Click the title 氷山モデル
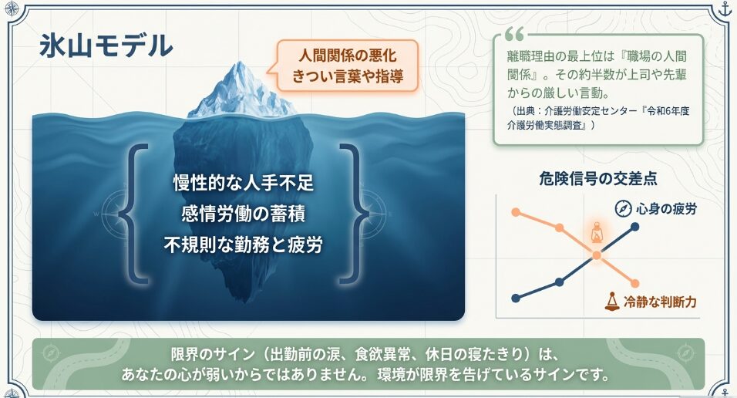[x=106, y=46]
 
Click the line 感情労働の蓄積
[x=244, y=214]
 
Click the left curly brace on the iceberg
[x=133, y=213]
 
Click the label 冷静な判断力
[x=661, y=302]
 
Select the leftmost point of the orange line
[x=516, y=212]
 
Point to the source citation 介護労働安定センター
[x=590, y=111]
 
